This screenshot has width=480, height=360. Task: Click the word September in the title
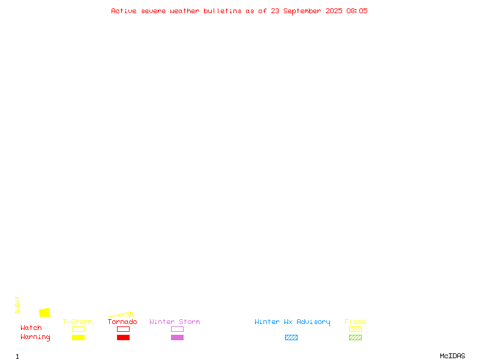tap(302, 11)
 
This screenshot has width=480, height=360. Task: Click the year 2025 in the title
tap(334, 11)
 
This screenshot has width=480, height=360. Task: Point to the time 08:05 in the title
tap(357, 11)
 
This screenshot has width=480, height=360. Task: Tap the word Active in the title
tap(124, 11)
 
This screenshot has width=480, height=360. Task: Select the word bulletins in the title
tap(223, 11)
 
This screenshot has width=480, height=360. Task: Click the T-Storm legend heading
tap(77, 322)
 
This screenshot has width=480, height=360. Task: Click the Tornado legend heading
tap(122, 322)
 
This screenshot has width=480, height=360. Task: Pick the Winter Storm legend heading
tap(175, 322)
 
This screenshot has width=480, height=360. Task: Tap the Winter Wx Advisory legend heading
tap(292, 322)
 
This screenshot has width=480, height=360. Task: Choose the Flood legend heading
tap(355, 322)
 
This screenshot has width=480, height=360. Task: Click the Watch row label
tap(31, 328)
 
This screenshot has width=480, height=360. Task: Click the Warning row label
tap(35, 337)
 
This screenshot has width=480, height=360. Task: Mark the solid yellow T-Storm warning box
tap(79, 337)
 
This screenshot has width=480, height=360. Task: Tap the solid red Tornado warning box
tap(124, 337)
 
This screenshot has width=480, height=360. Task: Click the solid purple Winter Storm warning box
tap(177, 337)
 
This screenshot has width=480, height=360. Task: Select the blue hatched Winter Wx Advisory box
tap(291, 337)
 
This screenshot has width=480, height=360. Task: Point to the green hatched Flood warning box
tap(355, 337)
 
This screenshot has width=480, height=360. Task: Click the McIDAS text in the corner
tap(452, 356)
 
